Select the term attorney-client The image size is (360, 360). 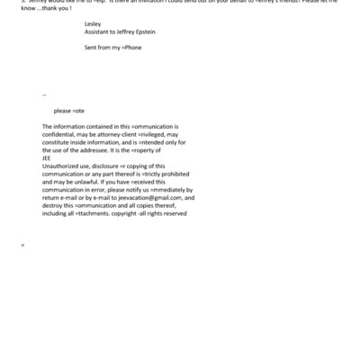click(x=128, y=135)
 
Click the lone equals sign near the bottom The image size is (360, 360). click(x=22, y=245)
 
